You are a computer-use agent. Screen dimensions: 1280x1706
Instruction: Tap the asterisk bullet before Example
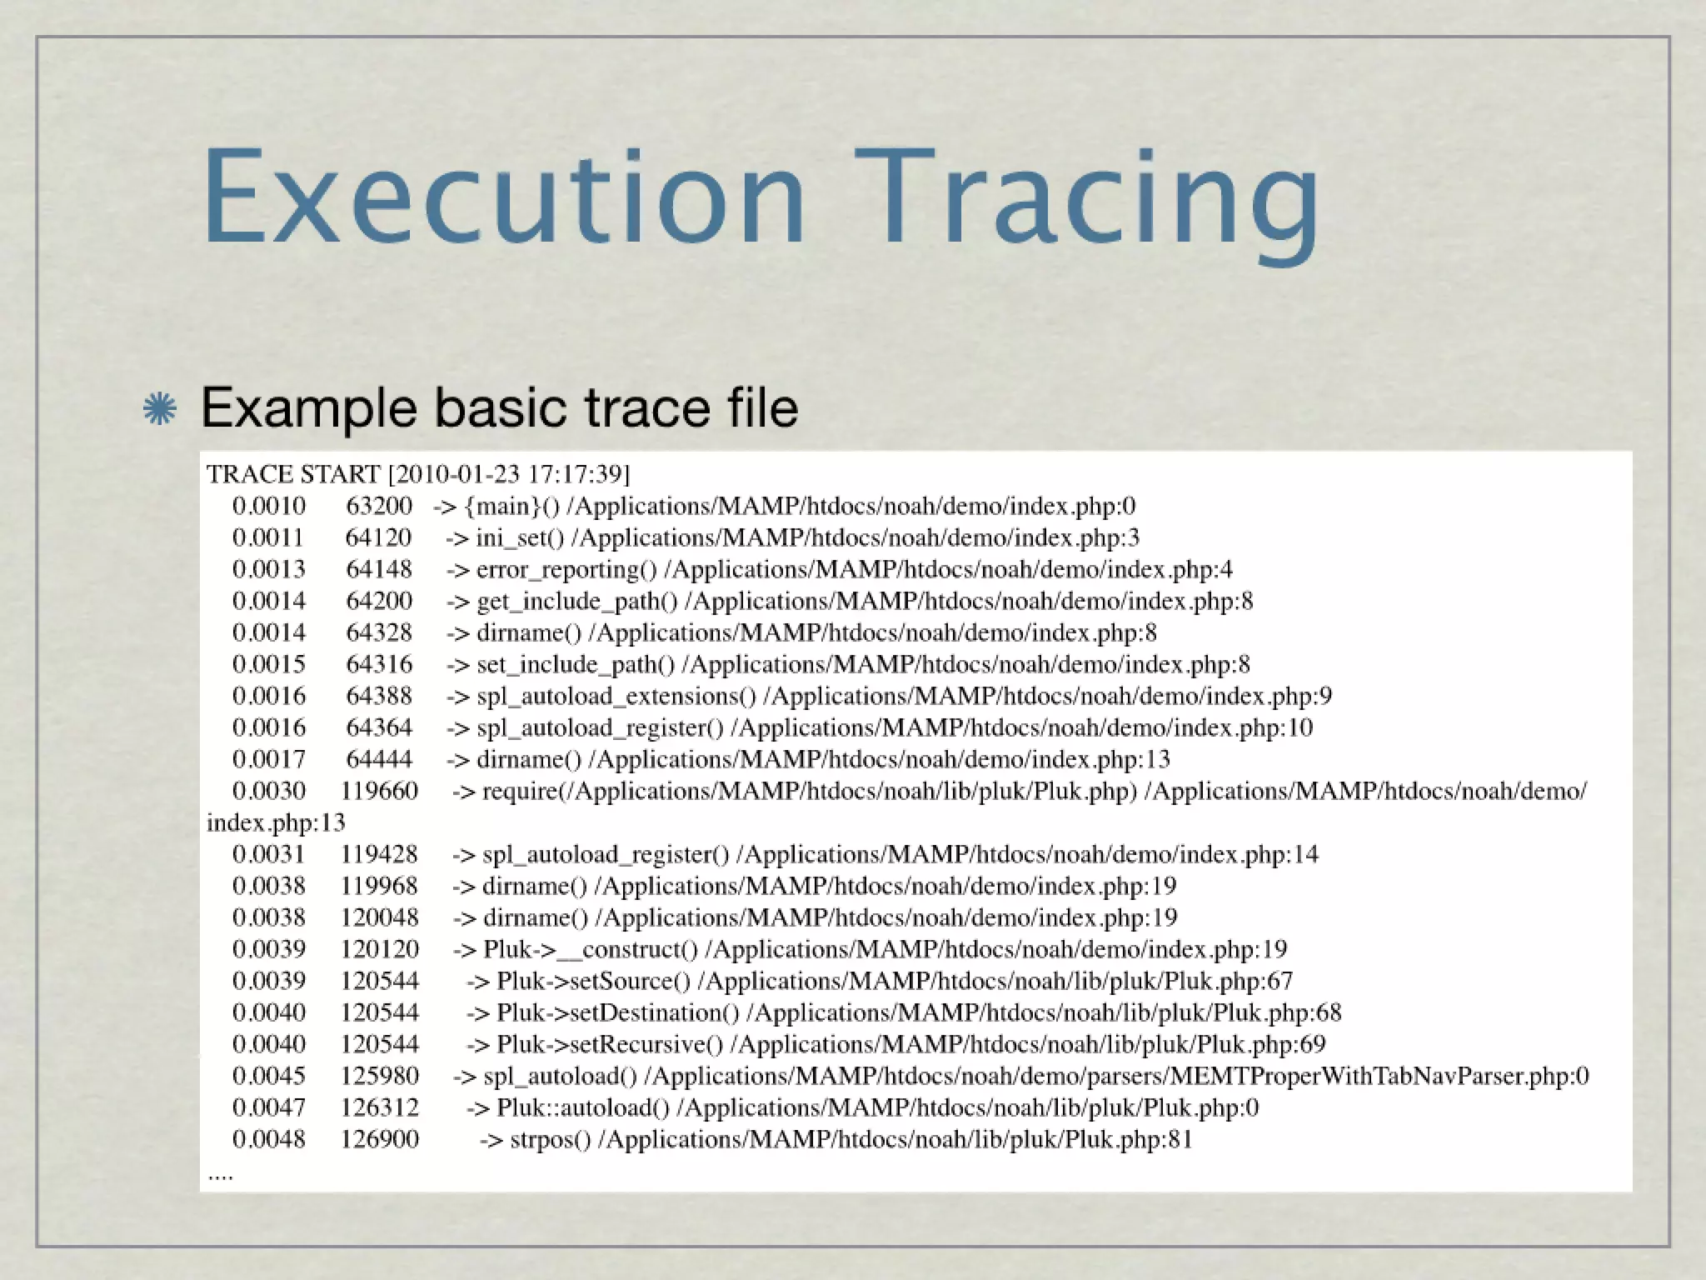pos(159,408)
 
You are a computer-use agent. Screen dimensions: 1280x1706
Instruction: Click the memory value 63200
pos(379,506)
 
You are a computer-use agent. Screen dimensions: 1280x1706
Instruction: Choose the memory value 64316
pos(379,664)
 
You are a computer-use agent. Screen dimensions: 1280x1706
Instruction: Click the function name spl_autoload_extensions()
pos(616,697)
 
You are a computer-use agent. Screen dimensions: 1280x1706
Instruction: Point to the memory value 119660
pos(379,791)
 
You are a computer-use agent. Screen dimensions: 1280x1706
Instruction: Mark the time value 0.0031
pos(268,854)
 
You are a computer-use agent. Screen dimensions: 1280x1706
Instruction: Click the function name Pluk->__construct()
pos(591,949)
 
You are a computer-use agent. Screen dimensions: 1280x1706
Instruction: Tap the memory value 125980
pos(379,1076)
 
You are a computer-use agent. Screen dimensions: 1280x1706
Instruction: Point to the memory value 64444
pos(379,759)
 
